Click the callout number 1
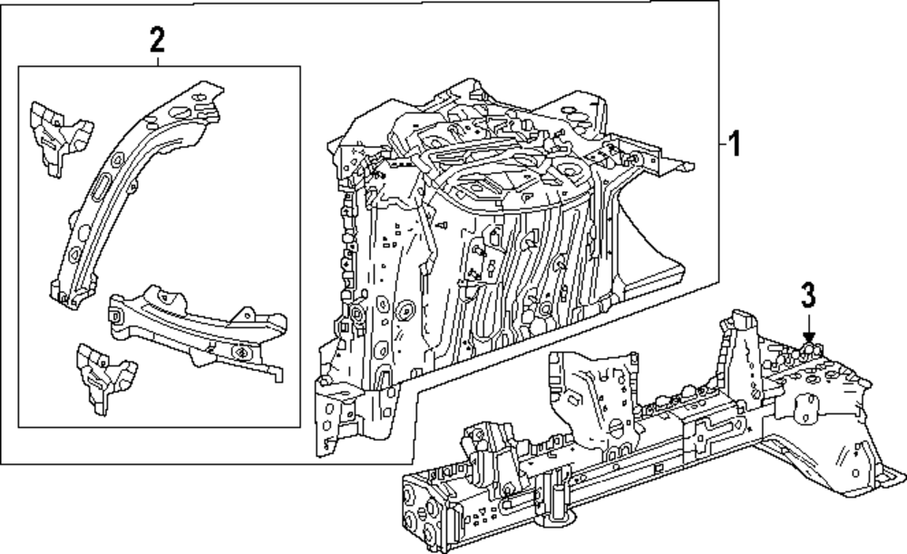pyautogui.click(x=736, y=143)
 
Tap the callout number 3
pyautogui.click(x=808, y=296)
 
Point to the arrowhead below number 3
pyautogui.click(x=808, y=337)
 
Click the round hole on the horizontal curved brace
pyautogui.click(x=241, y=353)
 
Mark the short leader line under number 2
pyautogui.click(x=156, y=60)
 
